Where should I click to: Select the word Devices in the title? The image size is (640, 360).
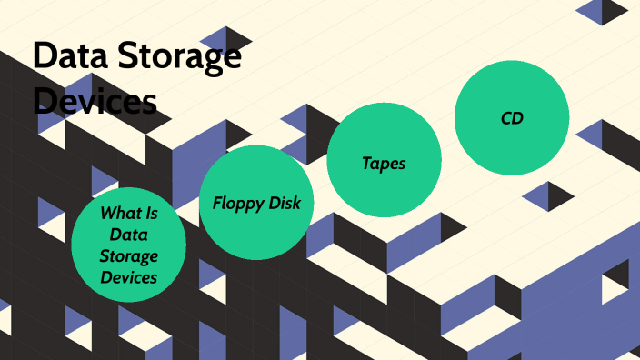coord(95,100)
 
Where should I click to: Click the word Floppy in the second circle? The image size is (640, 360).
coord(236,203)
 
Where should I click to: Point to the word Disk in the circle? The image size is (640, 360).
coord(285,202)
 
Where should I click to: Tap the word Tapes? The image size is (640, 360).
coord(384,164)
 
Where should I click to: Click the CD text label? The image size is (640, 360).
coord(512,117)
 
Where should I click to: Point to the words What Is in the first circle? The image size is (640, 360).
coord(128,214)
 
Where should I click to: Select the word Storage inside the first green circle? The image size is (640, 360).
coord(128,256)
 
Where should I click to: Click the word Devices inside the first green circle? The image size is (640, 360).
coord(128,277)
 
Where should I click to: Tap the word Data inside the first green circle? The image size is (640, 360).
coord(128,235)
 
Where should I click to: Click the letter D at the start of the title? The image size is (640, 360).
coord(43,56)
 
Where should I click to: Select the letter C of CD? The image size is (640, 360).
coord(505,117)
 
